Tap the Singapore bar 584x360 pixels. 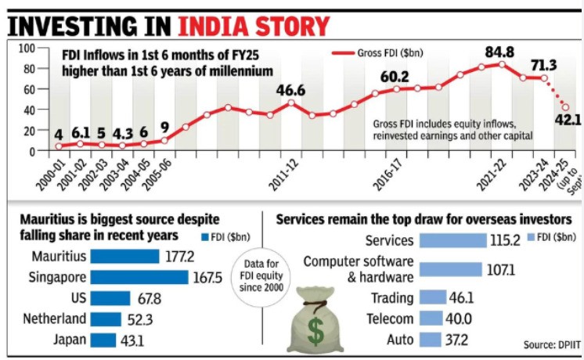(x=139, y=278)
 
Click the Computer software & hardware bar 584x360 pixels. (x=450, y=269)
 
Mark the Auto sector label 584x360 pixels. (x=401, y=340)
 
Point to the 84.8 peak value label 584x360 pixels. (x=499, y=52)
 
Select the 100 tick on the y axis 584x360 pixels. (x=26, y=48)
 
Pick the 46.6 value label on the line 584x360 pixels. (x=290, y=90)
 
